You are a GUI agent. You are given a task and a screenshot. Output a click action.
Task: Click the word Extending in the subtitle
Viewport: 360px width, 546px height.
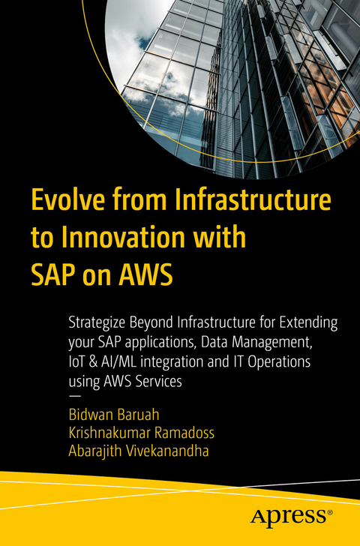[x=308, y=323]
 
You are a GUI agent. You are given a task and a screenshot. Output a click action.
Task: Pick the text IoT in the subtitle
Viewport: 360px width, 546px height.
[x=79, y=362]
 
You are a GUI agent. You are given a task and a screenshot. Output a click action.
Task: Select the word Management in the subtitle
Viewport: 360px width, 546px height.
[x=292, y=343]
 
